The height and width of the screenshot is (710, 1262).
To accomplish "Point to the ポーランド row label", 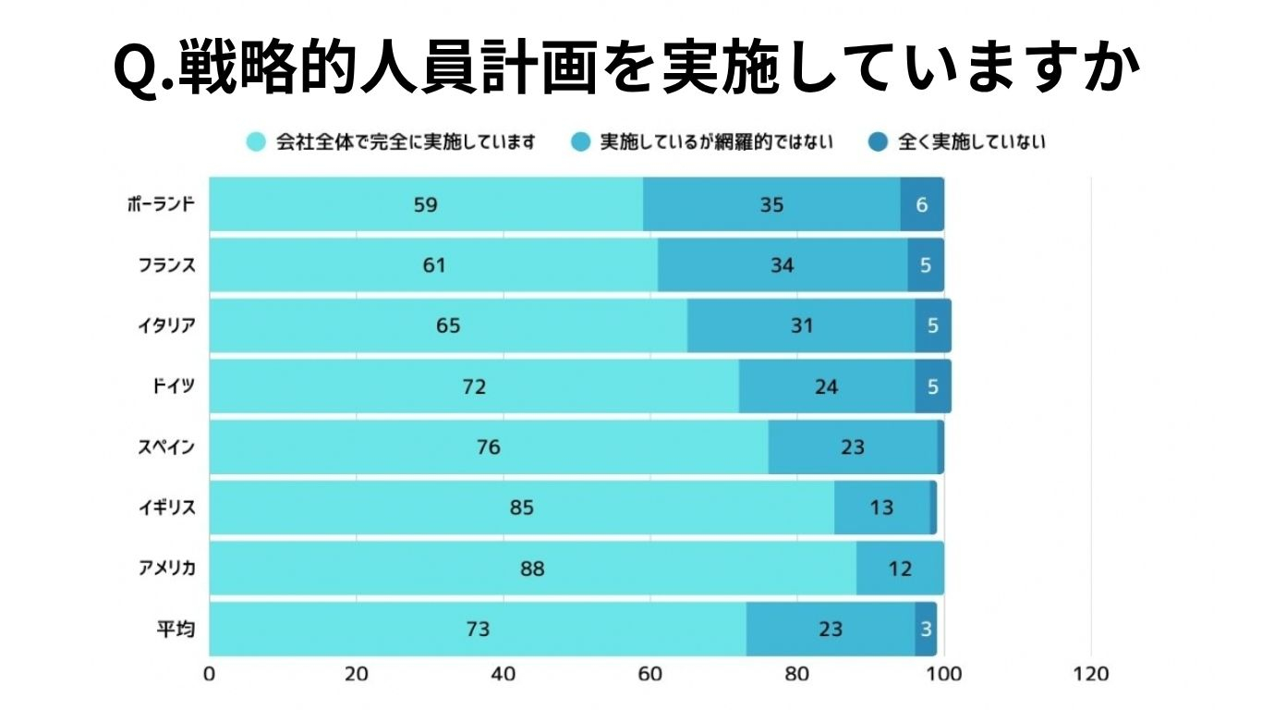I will pyautogui.click(x=161, y=204).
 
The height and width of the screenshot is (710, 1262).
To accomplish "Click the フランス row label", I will pyautogui.click(x=166, y=265).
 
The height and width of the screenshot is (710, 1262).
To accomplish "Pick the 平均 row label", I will pyautogui.click(x=179, y=630).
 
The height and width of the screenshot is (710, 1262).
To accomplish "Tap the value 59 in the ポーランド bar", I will pyautogui.click(x=425, y=204).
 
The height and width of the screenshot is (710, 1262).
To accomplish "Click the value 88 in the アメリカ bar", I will pyautogui.click(x=532, y=569).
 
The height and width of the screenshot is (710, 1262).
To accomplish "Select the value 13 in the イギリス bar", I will pyautogui.click(x=881, y=508).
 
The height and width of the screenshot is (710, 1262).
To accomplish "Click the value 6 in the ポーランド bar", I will pyautogui.click(x=921, y=204).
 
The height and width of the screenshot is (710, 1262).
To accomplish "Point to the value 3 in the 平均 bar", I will pyautogui.click(x=925, y=630).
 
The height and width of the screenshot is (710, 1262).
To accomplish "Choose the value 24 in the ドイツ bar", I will pyautogui.click(x=826, y=386).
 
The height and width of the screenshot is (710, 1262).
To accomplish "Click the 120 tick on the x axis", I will pyautogui.click(x=1090, y=674).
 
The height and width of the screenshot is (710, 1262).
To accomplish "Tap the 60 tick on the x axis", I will pyautogui.click(x=649, y=674).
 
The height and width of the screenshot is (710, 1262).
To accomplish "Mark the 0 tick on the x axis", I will pyautogui.click(x=210, y=674).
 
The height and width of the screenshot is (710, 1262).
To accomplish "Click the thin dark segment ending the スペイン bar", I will pyautogui.click(x=940, y=447).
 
